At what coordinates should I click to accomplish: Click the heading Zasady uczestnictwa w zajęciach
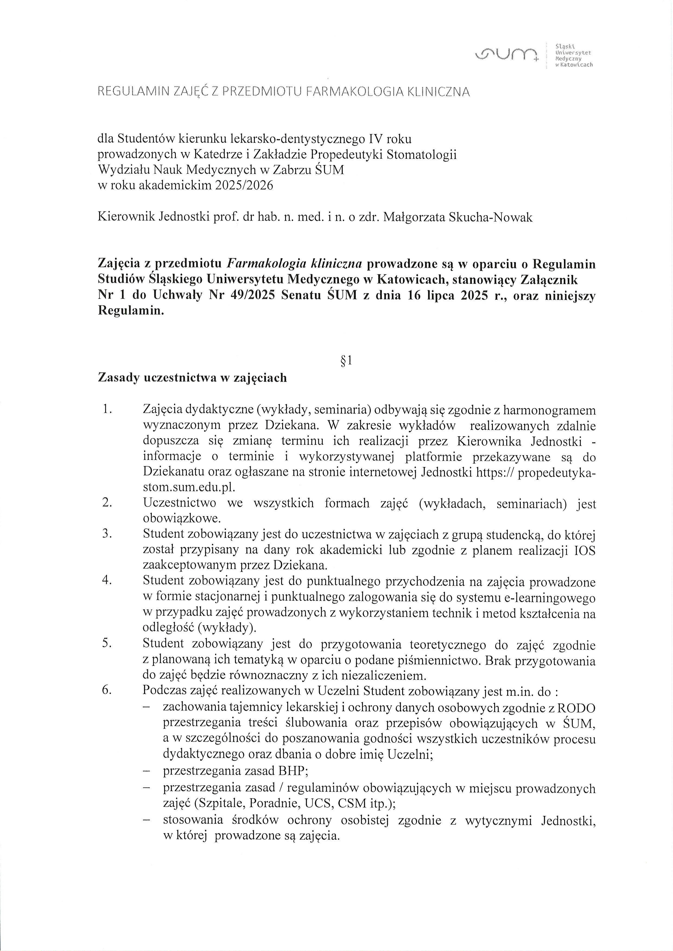pos(192,378)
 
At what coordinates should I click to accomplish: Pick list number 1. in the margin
pos(107,410)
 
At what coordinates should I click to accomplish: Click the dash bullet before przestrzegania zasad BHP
pos(146,771)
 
